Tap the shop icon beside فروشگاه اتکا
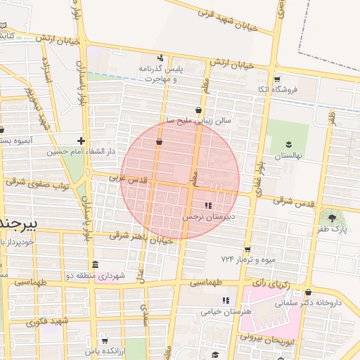(277, 79)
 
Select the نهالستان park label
(288, 155)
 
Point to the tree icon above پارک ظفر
(332, 217)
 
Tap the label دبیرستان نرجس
(208, 217)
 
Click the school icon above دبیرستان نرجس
(207, 205)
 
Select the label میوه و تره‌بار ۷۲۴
(247, 260)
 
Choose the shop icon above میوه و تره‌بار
(247, 250)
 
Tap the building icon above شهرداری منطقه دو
(96, 265)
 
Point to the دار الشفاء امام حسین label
(76, 152)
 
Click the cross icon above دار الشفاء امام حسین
(82, 141)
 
